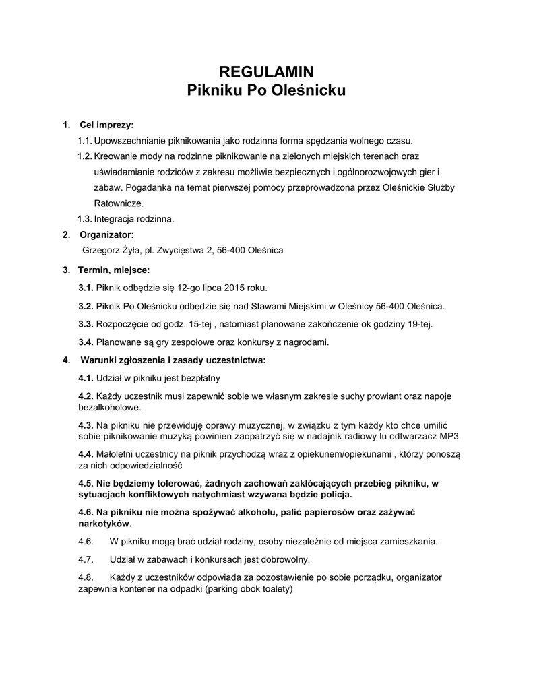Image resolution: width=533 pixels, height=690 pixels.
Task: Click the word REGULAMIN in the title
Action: coord(266,72)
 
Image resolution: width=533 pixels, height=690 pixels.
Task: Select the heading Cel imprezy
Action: coord(106,125)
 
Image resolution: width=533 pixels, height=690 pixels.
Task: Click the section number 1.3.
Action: coord(84,218)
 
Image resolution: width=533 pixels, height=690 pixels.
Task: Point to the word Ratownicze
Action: coord(119,203)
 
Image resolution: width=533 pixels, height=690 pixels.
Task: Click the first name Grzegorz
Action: coord(101,250)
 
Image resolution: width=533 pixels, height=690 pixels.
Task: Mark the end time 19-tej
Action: coord(420,324)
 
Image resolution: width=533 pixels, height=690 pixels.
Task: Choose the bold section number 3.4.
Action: coord(86,342)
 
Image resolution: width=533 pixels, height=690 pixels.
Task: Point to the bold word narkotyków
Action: coord(105,523)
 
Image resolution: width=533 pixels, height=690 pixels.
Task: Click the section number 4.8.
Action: coord(86,577)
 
